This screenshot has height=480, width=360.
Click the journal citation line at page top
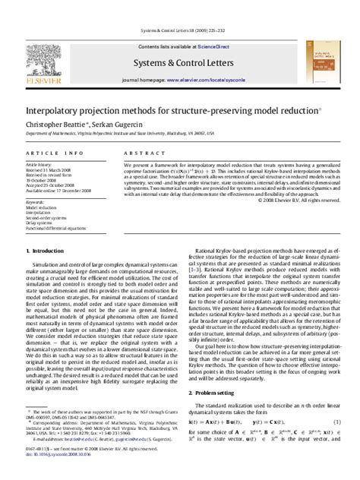point(179,33)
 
